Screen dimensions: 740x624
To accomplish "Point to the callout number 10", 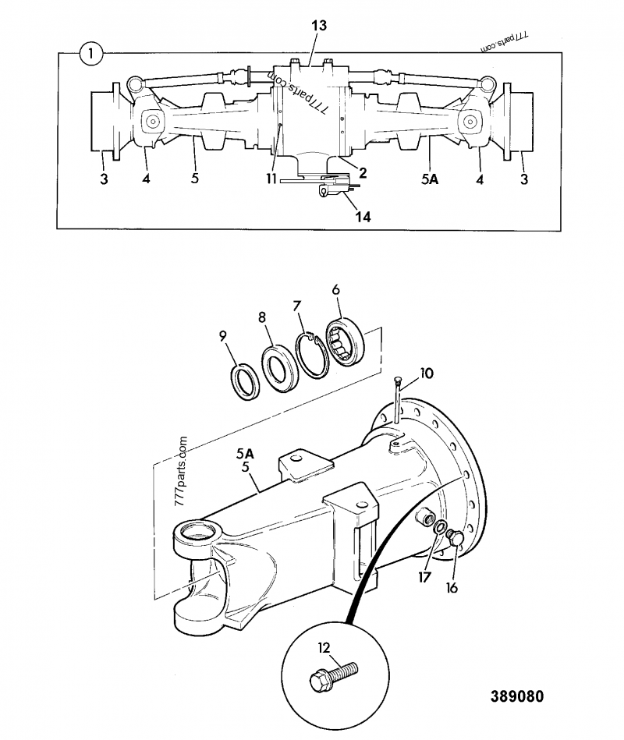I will coord(427,374).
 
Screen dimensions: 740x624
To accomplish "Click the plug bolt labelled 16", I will coord(456,537).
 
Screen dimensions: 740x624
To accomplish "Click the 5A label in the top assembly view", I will coord(430,179).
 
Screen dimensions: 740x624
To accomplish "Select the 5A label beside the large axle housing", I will coord(245,452).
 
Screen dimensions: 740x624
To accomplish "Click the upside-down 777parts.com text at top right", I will coord(505,40).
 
